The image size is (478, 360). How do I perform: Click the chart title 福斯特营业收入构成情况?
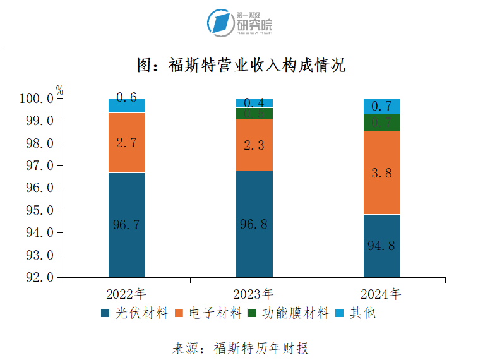pyautogui.click(x=241, y=66)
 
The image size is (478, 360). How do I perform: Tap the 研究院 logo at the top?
pyautogui.click(x=239, y=23)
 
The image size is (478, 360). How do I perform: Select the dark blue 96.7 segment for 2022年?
pyautogui.click(x=126, y=224)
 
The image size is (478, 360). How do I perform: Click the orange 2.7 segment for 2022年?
pyautogui.click(x=126, y=143)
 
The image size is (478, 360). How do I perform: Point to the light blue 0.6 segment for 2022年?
pyautogui.click(x=126, y=105)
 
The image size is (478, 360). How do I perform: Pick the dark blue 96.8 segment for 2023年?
pyautogui.click(x=254, y=224)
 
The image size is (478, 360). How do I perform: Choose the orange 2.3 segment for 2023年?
pyautogui.click(x=254, y=145)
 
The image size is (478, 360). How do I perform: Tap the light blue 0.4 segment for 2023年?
pyautogui.click(x=254, y=103)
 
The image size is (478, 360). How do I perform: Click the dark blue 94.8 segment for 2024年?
pyautogui.click(x=381, y=245)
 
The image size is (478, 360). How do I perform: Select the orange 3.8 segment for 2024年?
pyautogui.click(x=381, y=172)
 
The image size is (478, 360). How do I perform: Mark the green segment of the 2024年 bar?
pyautogui.click(x=381, y=123)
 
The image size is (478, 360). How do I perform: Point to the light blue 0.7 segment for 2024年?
pyautogui.click(x=381, y=106)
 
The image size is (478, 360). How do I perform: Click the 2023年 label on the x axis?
pyautogui.click(x=254, y=294)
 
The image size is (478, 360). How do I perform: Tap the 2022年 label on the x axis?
pyautogui.click(x=126, y=294)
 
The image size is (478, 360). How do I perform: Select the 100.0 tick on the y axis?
pyautogui.click(x=36, y=99)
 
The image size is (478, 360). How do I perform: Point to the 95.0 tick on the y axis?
pyautogui.click(x=36, y=210)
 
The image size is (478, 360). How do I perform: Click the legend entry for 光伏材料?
pyautogui.click(x=134, y=313)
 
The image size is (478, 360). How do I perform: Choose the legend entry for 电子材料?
pyautogui.click(x=208, y=313)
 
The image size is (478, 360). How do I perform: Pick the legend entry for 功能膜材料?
pyautogui.click(x=289, y=313)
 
